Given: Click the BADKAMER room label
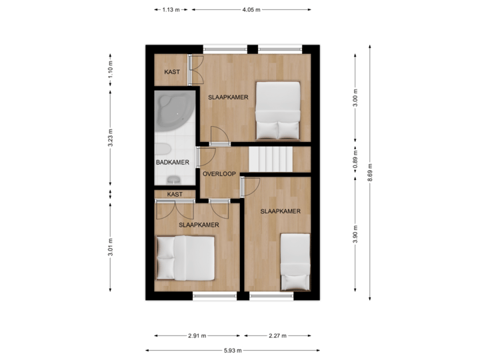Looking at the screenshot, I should (172, 162).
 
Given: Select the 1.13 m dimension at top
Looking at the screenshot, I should (172, 9).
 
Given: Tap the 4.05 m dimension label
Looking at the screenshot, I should (251, 9).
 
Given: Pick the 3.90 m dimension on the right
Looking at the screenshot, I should (355, 234).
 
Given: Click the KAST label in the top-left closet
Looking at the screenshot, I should (172, 72).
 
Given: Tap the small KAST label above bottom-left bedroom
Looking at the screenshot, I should (175, 194).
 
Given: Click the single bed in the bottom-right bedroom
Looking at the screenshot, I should (294, 261).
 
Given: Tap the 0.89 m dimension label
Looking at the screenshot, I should (355, 160).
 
